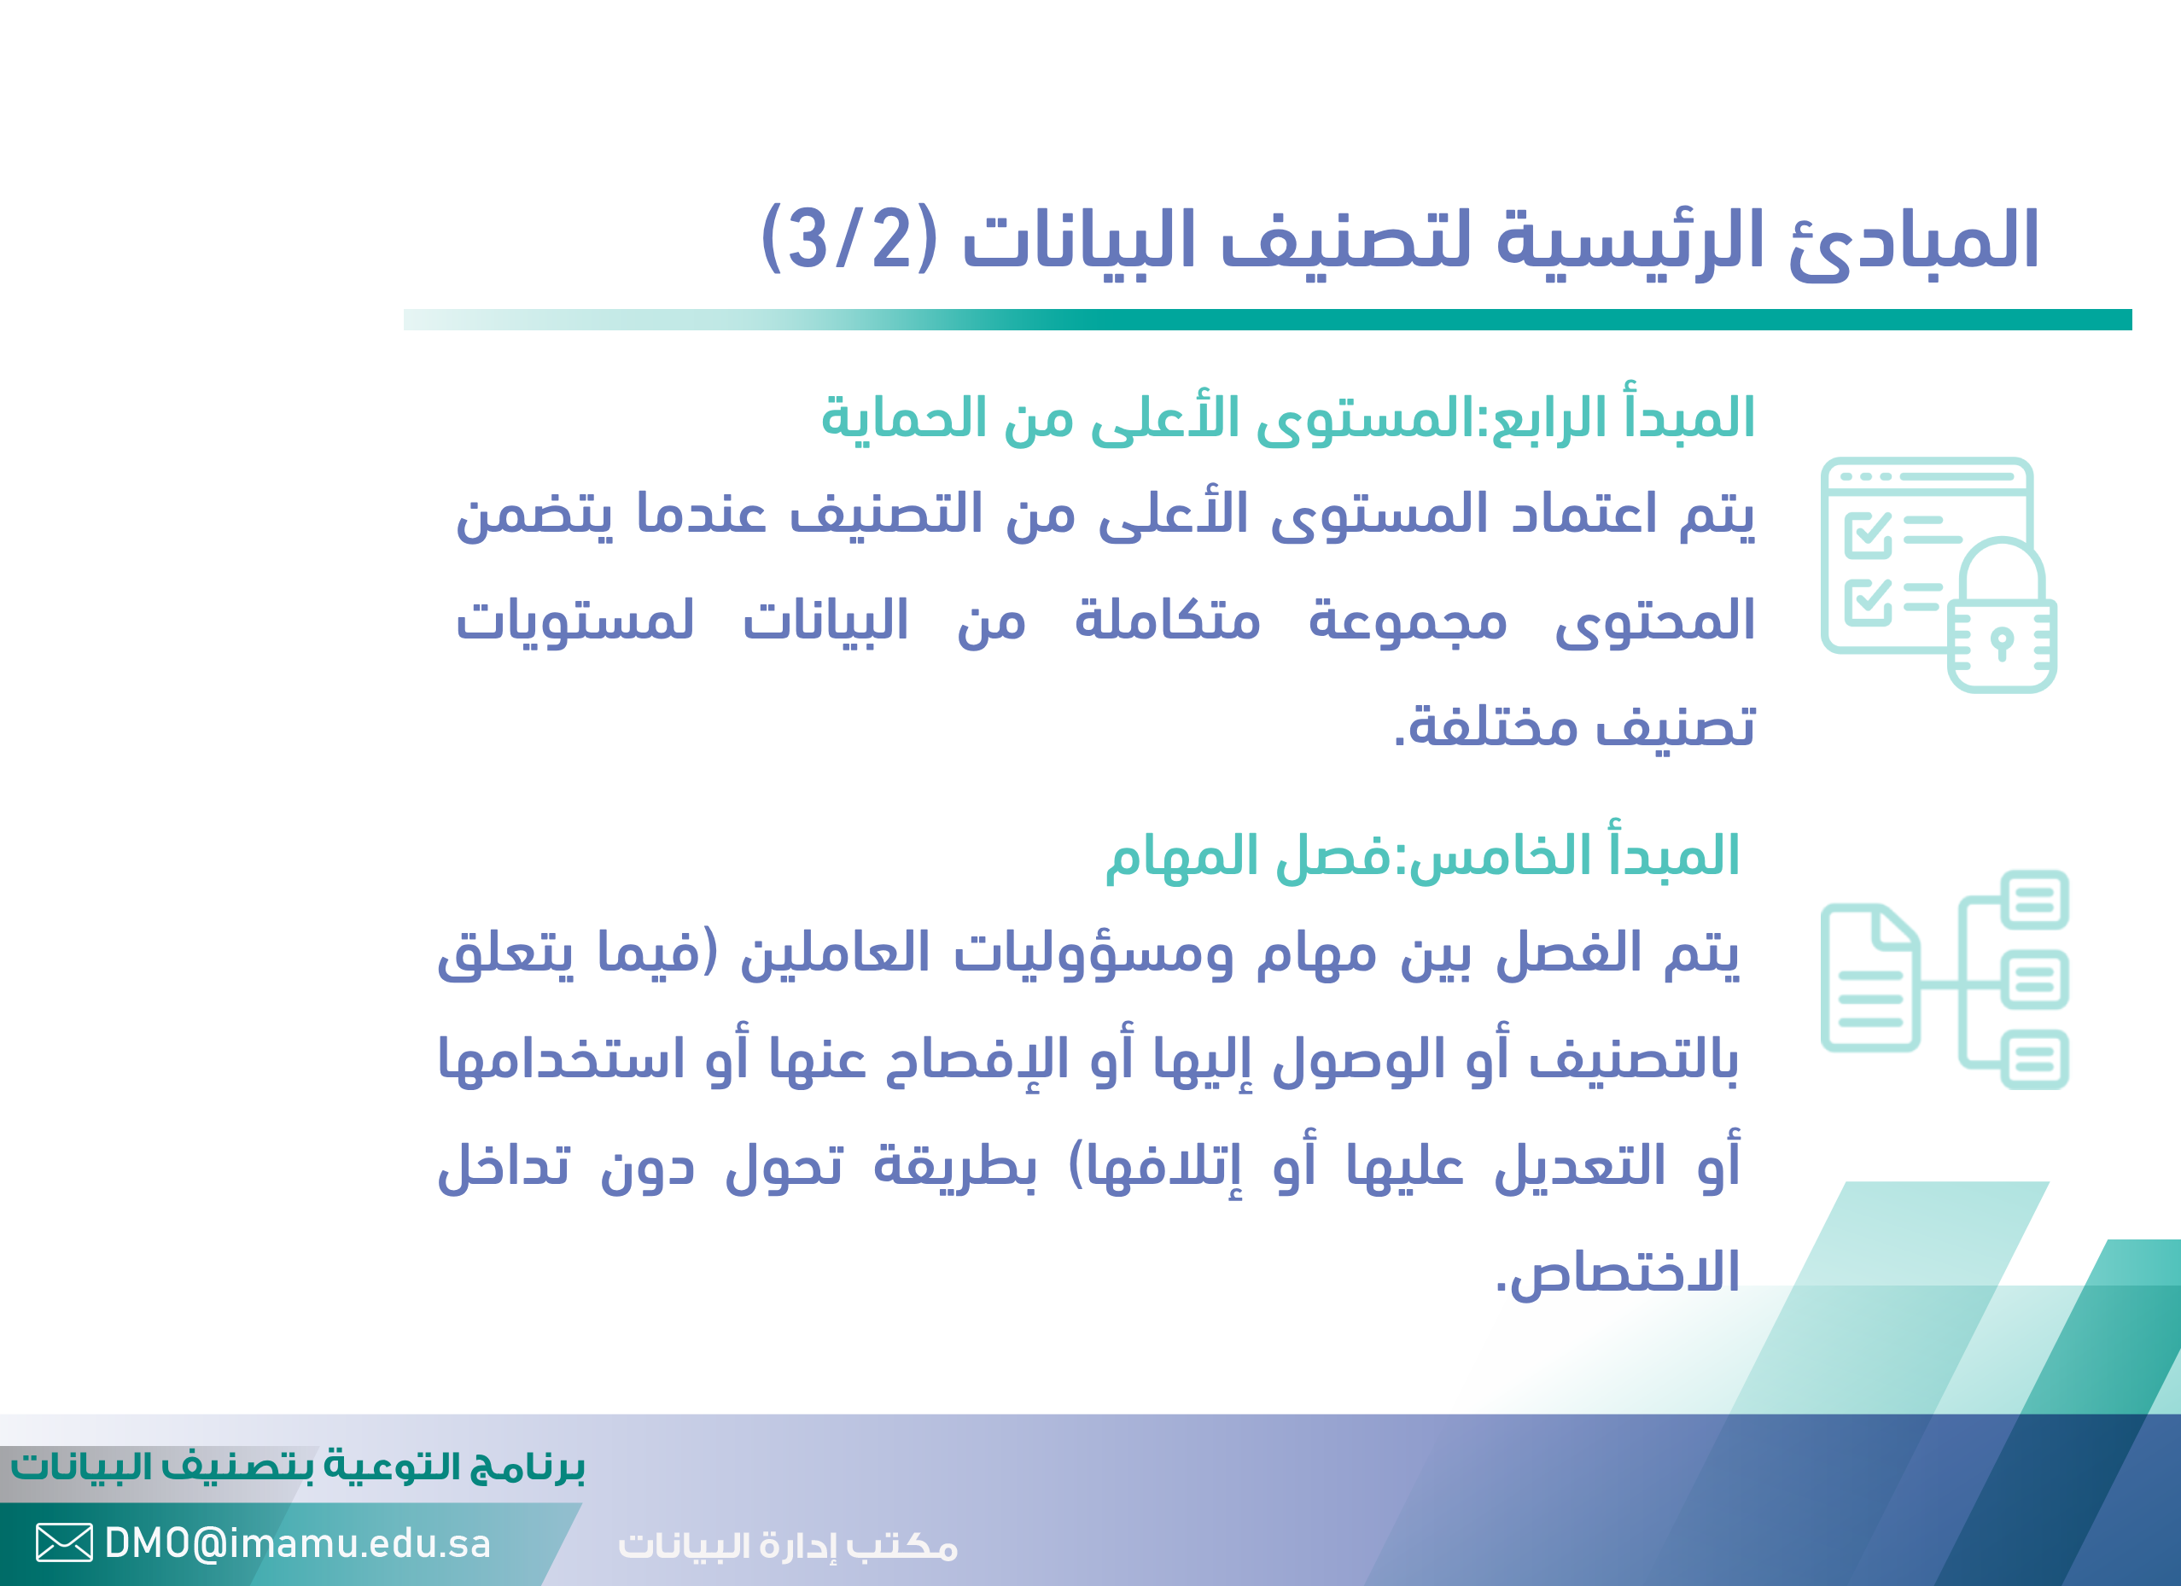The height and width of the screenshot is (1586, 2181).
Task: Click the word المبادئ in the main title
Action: (x=1913, y=241)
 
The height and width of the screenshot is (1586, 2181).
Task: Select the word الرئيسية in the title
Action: (x=1629, y=241)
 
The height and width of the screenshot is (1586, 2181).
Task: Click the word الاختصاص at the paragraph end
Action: (x=1617, y=1272)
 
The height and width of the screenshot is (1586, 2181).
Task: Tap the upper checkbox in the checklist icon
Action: (x=1868, y=534)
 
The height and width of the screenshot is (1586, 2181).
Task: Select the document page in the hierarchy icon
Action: (x=1870, y=977)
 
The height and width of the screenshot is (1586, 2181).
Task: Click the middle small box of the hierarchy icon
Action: (x=2034, y=980)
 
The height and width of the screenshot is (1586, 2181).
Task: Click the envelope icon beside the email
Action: (x=64, y=1542)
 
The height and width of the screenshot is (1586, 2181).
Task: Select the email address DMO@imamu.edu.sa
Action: (x=297, y=1543)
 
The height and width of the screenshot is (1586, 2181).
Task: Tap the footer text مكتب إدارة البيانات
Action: (x=788, y=1546)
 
